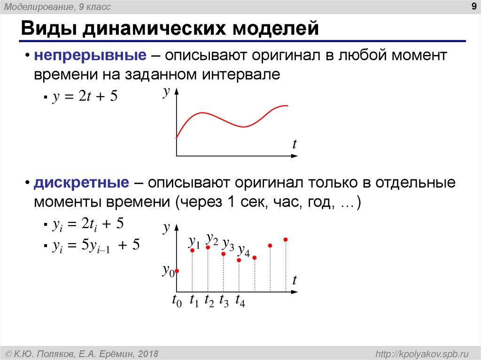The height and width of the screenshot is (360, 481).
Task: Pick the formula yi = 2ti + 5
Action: tap(88, 225)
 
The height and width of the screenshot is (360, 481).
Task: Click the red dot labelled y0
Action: tap(177, 271)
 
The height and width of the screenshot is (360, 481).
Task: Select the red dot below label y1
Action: tap(192, 250)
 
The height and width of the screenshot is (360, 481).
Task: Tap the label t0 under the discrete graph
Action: tap(177, 301)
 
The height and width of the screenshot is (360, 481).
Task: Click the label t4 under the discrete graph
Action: tap(240, 301)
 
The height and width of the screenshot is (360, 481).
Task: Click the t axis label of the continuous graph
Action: tap(295, 145)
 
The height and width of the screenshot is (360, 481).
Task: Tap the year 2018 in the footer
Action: tap(148, 353)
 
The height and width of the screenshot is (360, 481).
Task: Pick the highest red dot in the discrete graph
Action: tap(286, 240)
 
